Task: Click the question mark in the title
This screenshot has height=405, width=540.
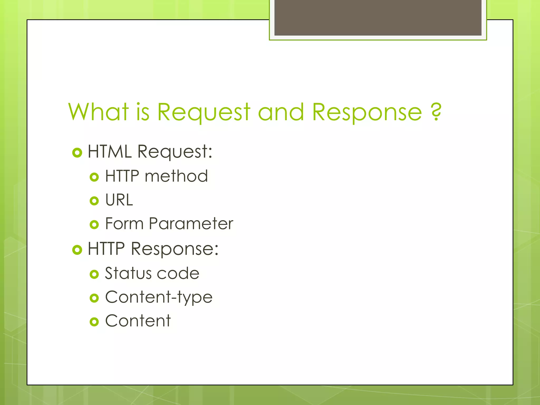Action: [436, 112]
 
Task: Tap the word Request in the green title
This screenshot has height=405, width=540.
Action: [204, 112]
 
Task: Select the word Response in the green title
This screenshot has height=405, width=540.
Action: [367, 112]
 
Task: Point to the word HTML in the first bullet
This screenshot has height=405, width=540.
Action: [110, 152]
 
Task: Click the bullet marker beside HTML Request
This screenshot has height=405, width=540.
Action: [77, 153]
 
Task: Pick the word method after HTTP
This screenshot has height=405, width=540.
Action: [176, 176]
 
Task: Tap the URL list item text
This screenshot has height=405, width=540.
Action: [119, 200]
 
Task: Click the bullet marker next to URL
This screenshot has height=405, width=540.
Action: [94, 201]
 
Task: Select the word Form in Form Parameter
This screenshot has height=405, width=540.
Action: [124, 224]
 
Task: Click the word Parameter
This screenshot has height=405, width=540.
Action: [191, 224]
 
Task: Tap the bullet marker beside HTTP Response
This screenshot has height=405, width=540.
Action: [77, 250]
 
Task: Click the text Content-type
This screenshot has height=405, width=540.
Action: [159, 297]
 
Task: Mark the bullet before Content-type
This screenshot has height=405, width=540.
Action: [94, 298]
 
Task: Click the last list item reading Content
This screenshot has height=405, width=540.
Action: [138, 321]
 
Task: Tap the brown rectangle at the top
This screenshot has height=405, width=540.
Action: [378, 18]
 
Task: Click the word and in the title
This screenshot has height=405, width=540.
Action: [281, 112]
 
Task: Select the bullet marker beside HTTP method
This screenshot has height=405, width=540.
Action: [94, 177]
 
